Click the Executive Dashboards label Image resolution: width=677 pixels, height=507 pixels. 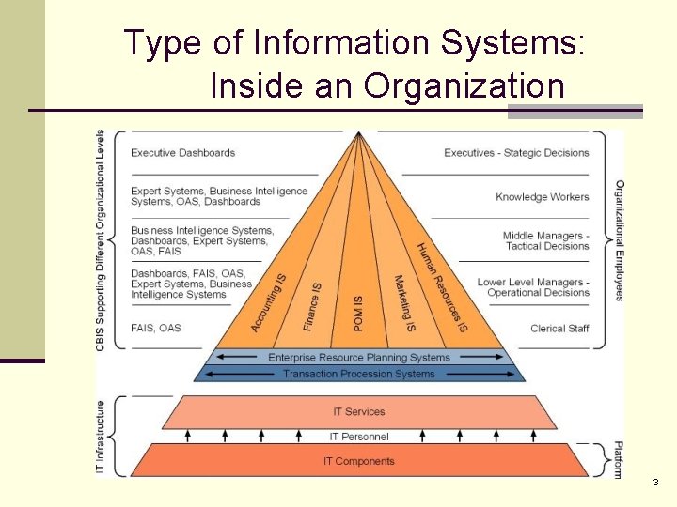point(182,153)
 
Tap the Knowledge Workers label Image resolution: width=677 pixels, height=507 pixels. point(543,197)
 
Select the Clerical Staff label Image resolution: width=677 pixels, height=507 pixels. point(559,329)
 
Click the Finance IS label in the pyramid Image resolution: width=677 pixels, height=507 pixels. point(312,306)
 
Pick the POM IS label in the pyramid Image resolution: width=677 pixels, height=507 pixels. point(357,313)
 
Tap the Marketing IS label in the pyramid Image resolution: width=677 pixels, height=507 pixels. point(404,303)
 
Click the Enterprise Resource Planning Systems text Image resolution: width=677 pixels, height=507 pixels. point(359,358)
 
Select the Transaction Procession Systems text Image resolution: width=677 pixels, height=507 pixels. point(359,374)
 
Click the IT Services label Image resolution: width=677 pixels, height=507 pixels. point(359,412)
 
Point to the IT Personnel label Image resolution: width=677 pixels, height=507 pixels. point(359,437)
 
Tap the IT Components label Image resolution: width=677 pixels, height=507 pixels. point(359,461)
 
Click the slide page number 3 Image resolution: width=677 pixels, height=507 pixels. point(655,483)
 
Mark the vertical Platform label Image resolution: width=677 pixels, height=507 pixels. point(618,460)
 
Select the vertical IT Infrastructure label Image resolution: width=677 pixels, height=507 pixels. point(102,437)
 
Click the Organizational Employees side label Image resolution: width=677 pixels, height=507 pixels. point(620,240)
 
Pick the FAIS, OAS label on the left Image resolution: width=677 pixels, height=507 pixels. point(156,328)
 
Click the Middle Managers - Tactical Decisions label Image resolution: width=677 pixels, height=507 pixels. point(545,241)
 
